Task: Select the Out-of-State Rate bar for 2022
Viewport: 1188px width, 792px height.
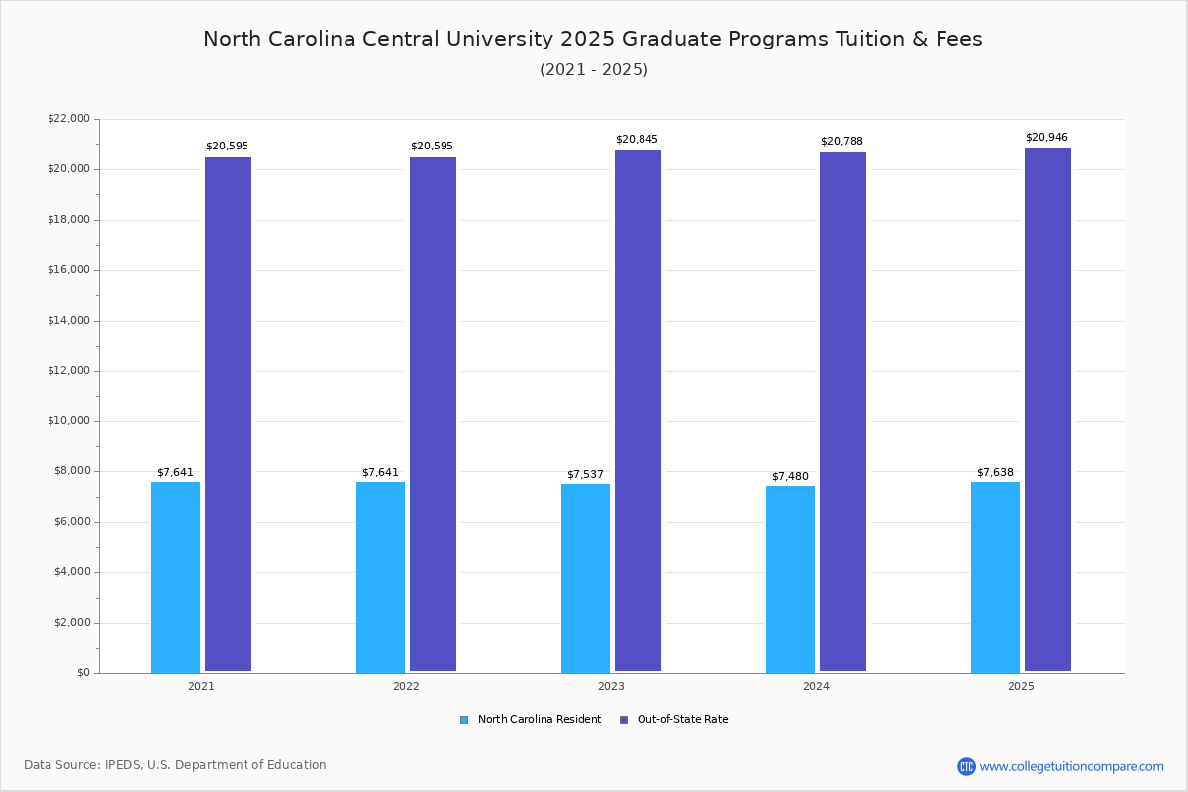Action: click(x=433, y=415)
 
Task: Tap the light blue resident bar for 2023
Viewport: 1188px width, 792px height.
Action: click(x=585, y=578)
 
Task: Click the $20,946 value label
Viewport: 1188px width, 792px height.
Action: click(x=1046, y=138)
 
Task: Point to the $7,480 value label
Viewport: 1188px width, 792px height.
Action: click(x=790, y=477)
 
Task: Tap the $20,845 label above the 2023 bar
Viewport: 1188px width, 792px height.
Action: click(x=637, y=140)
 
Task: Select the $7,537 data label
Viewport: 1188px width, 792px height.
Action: click(x=585, y=475)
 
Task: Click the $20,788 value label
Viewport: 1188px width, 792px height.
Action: click(x=841, y=142)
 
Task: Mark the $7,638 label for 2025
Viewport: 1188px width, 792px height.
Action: click(x=995, y=473)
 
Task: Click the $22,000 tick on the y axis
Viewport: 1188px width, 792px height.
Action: click(x=68, y=119)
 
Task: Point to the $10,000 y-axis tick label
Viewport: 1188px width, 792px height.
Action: click(x=68, y=421)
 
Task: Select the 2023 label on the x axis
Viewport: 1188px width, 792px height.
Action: click(x=611, y=686)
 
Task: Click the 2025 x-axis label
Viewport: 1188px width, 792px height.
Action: click(x=1021, y=686)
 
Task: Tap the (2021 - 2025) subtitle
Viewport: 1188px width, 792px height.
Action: click(x=594, y=70)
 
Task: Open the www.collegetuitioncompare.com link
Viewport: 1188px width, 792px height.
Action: click(x=1071, y=766)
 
